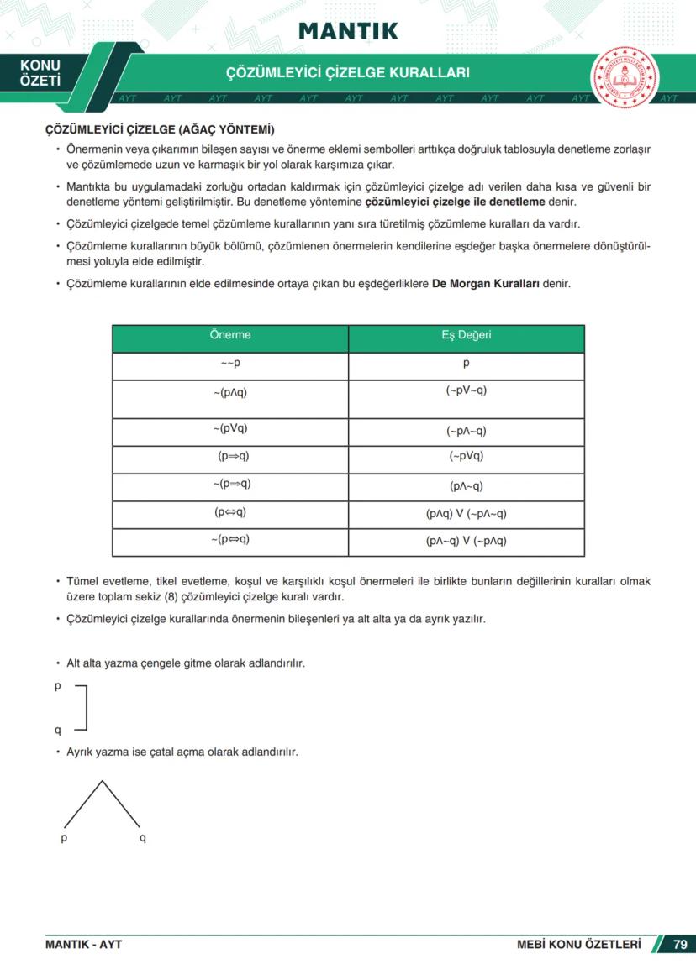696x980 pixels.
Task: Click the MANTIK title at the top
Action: click(348, 31)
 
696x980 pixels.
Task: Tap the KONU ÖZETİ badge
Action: click(40, 73)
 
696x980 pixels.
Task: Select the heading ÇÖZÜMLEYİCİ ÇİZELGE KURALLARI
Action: click(348, 73)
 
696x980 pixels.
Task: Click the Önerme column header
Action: click(230, 335)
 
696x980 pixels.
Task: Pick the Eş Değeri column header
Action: click(466, 335)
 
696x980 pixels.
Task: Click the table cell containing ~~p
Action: click(230, 364)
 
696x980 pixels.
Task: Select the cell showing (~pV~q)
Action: click(466, 391)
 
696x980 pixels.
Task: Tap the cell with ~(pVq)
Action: click(230, 429)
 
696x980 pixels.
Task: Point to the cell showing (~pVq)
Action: click(466, 457)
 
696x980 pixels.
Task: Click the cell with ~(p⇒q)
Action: click(230, 485)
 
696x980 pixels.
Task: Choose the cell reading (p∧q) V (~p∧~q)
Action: click(466, 514)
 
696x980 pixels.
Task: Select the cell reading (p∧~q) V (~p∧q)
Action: click(466, 541)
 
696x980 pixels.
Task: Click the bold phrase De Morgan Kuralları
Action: click(486, 284)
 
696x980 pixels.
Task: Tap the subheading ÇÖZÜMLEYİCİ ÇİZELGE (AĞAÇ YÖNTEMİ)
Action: click(159, 130)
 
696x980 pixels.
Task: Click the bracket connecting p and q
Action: click(85, 707)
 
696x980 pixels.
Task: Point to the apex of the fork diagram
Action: click(102, 782)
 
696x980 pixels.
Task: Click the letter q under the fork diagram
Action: click(142, 838)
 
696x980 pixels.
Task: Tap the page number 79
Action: click(680, 945)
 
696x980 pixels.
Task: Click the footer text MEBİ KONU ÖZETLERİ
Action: click(578, 945)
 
